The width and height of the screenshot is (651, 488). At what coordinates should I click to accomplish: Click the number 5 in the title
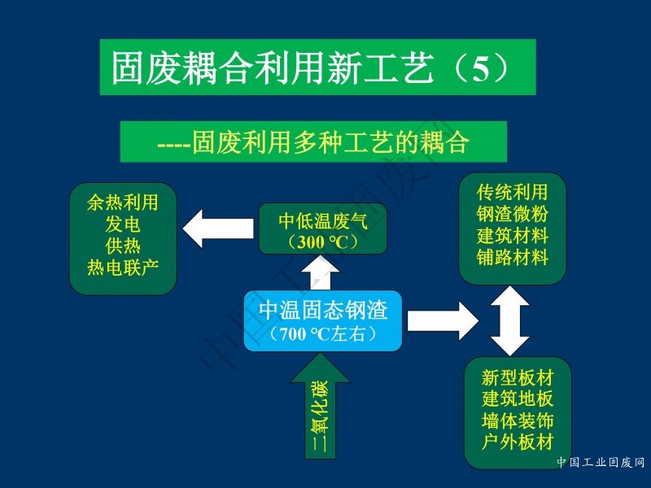click(x=481, y=68)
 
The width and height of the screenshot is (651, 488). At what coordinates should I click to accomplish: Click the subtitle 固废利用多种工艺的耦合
click(x=331, y=143)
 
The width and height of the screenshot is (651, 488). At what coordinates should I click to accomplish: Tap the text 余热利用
click(x=123, y=203)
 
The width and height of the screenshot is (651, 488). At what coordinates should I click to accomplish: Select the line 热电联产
click(x=123, y=268)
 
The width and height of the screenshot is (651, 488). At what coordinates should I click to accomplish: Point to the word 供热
click(x=123, y=246)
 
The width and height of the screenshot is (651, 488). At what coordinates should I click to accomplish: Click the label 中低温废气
click(x=323, y=220)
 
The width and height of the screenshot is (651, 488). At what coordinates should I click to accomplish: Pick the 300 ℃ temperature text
click(x=323, y=242)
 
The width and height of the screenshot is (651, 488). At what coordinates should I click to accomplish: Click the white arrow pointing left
click(x=218, y=229)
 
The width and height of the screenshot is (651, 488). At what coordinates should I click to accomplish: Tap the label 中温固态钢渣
click(x=323, y=310)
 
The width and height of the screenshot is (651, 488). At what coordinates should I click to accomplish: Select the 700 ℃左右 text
click(x=322, y=333)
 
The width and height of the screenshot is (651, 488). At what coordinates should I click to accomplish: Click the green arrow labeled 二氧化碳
click(x=320, y=406)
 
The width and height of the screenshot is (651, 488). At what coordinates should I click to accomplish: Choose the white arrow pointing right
click(x=443, y=320)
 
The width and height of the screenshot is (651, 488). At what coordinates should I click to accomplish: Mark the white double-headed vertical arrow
click(x=510, y=320)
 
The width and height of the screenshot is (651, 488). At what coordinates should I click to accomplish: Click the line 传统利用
click(x=513, y=192)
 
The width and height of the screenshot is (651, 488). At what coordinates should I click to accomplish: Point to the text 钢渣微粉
click(x=513, y=214)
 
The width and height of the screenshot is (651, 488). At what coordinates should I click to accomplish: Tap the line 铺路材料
click(x=513, y=257)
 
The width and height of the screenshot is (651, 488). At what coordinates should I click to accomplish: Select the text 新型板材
click(x=518, y=377)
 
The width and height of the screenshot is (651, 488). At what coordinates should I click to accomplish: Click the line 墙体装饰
click(x=518, y=420)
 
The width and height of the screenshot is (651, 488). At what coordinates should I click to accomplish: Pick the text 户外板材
click(x=518, y=442)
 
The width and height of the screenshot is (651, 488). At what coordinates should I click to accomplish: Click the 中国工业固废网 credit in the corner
click(x=601, y=462)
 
